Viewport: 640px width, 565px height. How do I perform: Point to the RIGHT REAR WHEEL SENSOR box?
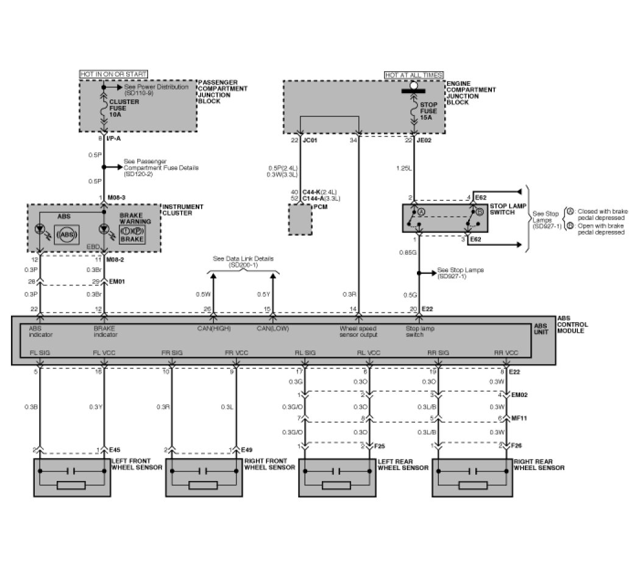coord(469,478)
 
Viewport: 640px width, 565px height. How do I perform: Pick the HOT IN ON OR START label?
coord(113,74)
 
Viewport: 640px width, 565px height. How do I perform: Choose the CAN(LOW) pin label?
coord(272,329)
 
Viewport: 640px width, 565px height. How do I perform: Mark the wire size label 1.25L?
coord(403,167)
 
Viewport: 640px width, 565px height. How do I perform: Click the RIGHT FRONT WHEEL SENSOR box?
coord(204,478)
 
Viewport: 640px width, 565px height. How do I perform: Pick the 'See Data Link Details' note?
coord(243,262)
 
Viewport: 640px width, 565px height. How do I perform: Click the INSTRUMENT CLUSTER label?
coord(183,210)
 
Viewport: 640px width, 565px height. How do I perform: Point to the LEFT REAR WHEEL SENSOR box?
coord(336,478)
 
